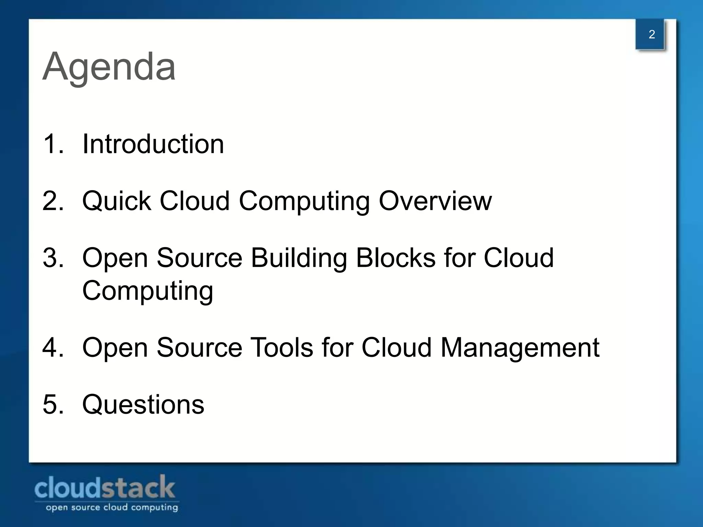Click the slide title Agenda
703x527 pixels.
pyautogui.click(x=109, y=67)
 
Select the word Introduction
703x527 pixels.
pyautogui.click(x=153, y=144)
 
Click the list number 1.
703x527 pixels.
pyautogui.click(x=52, y=144)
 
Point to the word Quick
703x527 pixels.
pyautogui.click(x=117, y=201)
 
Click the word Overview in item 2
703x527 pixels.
pyautogui.click(x=435, y=201)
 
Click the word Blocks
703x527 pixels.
pyautogui.click(x=395, y=258)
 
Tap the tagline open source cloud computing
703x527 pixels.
pyautogui.click(x=112, y=507)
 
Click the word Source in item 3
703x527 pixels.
pyautogui.click(x=199, y=258)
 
